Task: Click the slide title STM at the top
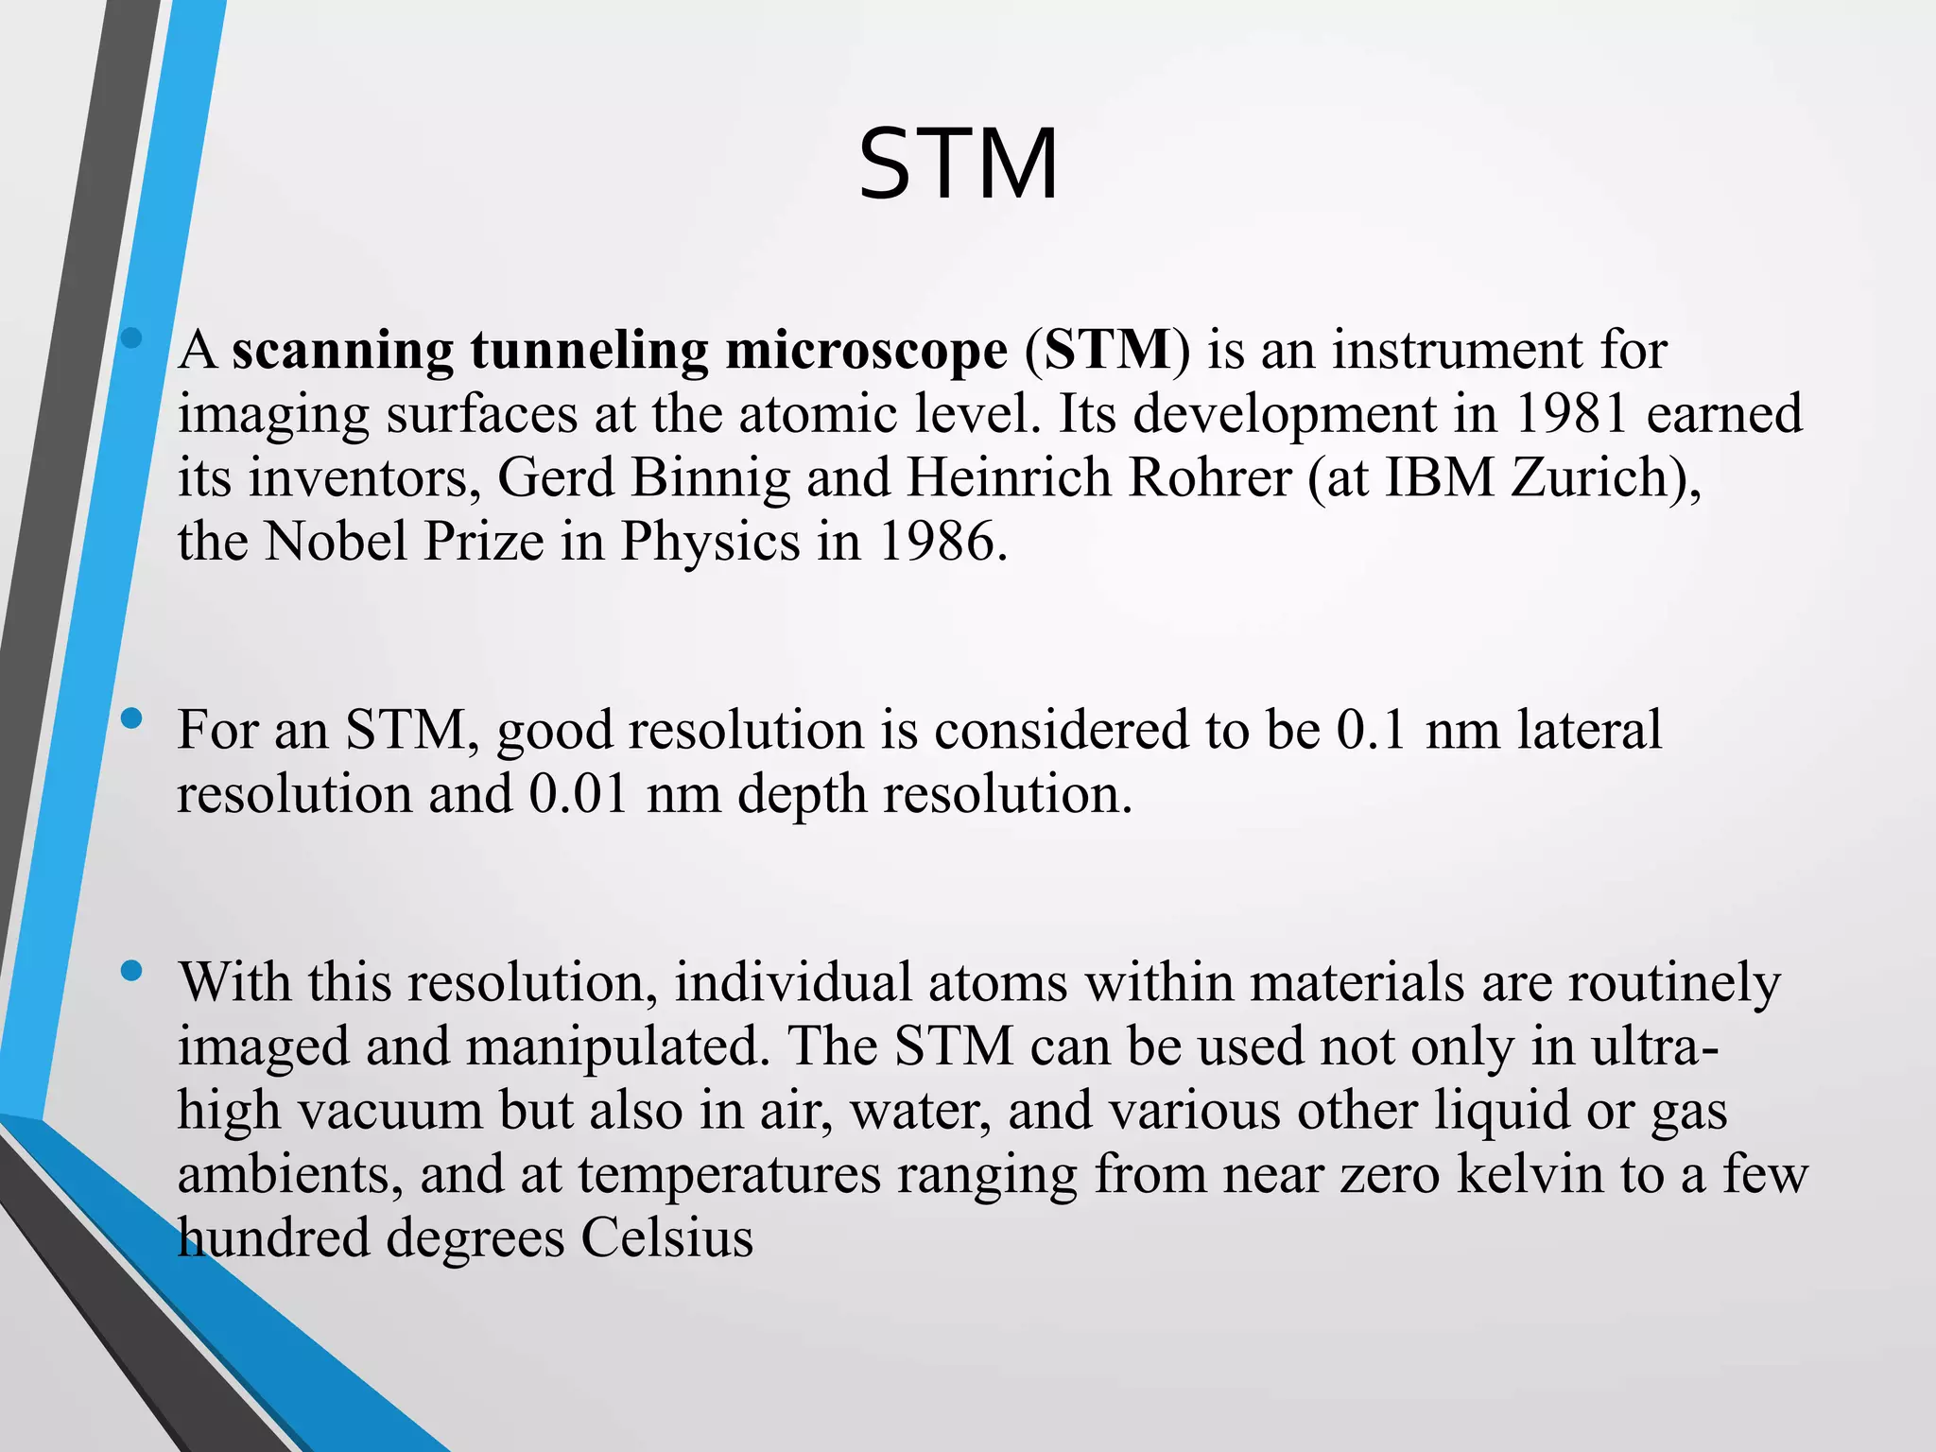pos(958,166)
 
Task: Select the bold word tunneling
pos(589,351)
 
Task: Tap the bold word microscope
pos(866,351)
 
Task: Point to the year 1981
pos(1571,414)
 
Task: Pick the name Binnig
pos(710,478)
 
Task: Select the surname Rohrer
pos(1209,477)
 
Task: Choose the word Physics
pos(710,542)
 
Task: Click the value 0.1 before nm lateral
pos(1372,730)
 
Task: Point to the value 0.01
pos(579,793)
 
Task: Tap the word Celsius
pos(666,1237)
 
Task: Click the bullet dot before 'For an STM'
pos(132,719)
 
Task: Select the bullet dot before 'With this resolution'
pos(132,971)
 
